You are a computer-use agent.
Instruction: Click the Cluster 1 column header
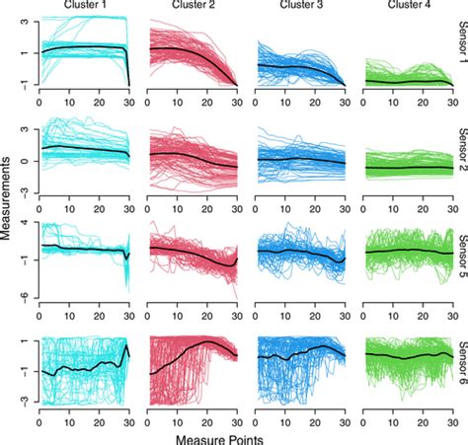tap(84, 6)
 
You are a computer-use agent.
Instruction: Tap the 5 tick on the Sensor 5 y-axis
tap(21, 228)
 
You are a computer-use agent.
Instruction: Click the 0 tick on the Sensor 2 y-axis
tap(21, 160)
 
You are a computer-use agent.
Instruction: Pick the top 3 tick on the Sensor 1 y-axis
tap(21, 18)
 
